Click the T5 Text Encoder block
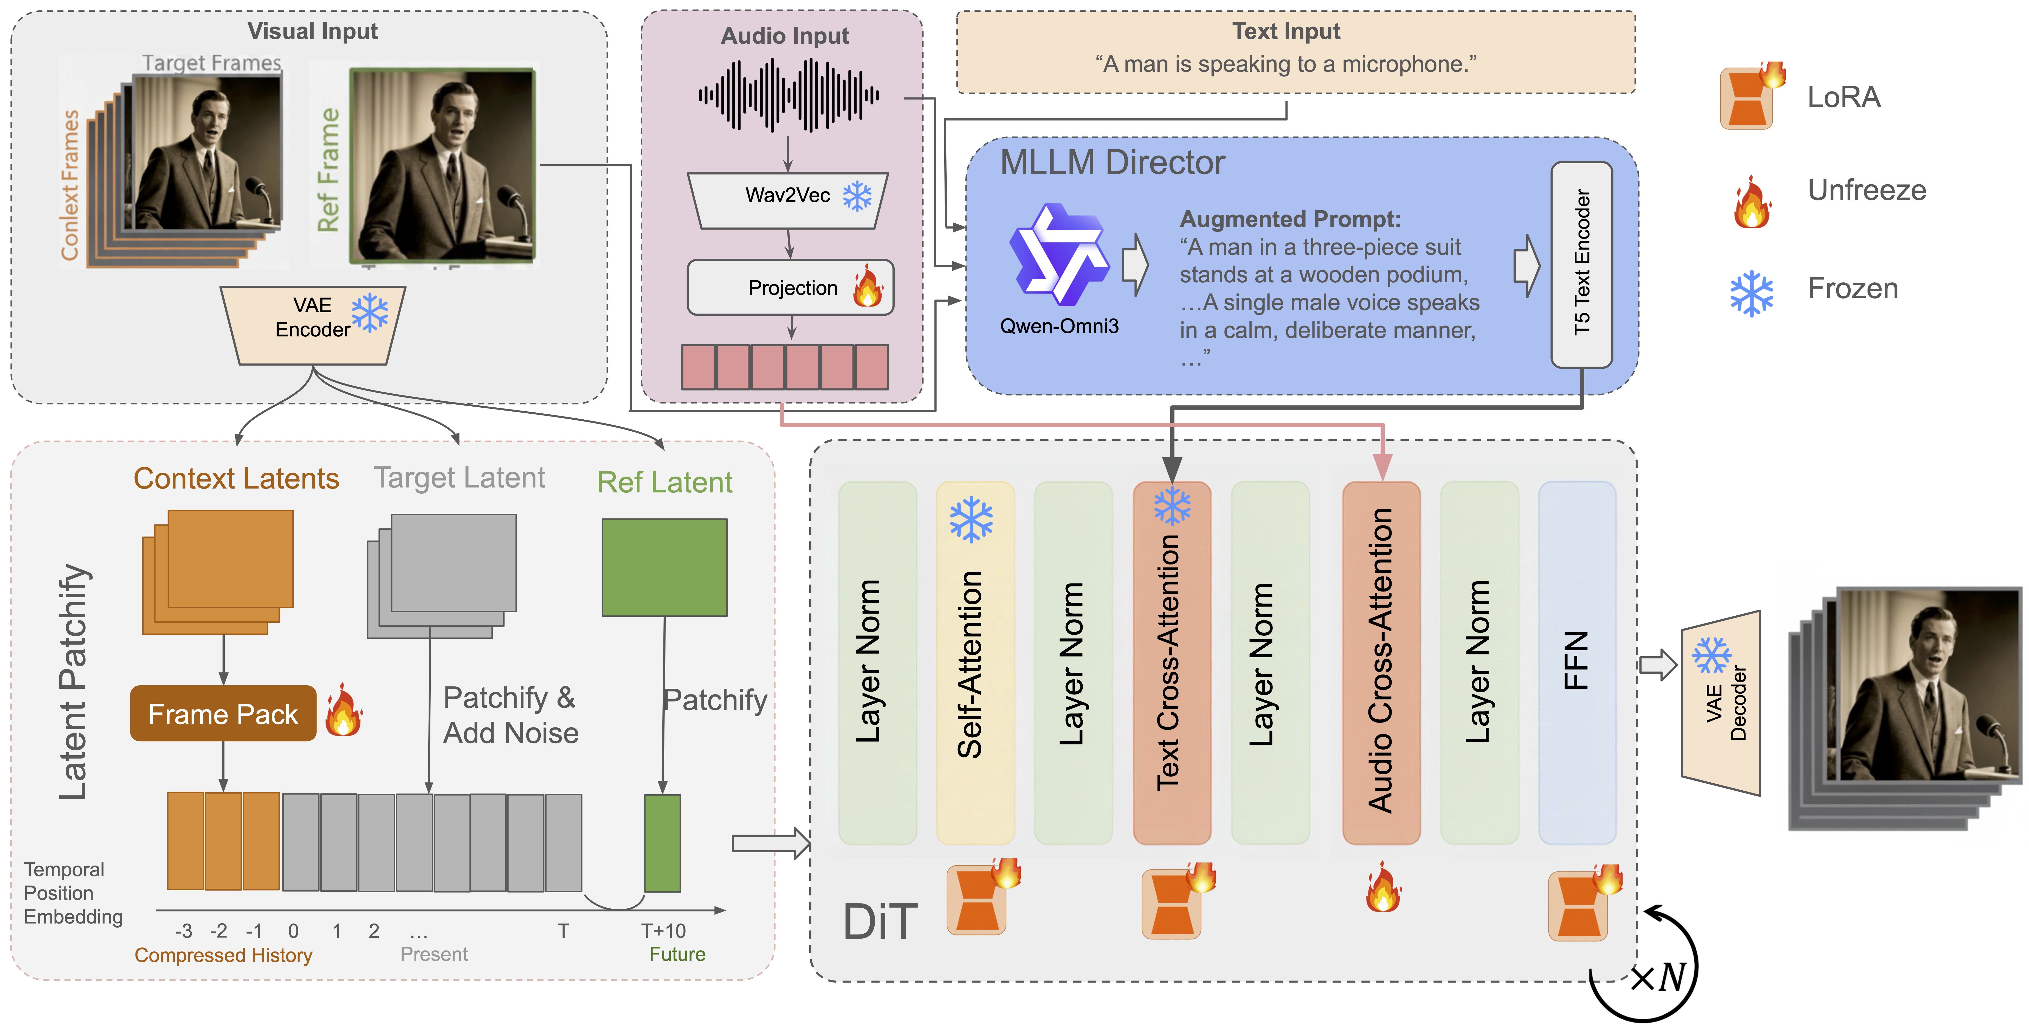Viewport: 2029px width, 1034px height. (1581, 264)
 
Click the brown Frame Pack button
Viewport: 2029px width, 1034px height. (223, 713)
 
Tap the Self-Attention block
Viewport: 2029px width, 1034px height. (974, 661)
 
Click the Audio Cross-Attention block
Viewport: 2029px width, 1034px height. (1381, 661)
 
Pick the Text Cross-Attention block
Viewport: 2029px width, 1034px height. (1171, 661)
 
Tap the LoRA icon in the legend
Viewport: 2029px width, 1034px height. (1750, 96)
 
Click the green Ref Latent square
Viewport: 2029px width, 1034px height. (664, 567)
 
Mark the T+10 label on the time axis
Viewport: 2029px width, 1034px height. (663, 931)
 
